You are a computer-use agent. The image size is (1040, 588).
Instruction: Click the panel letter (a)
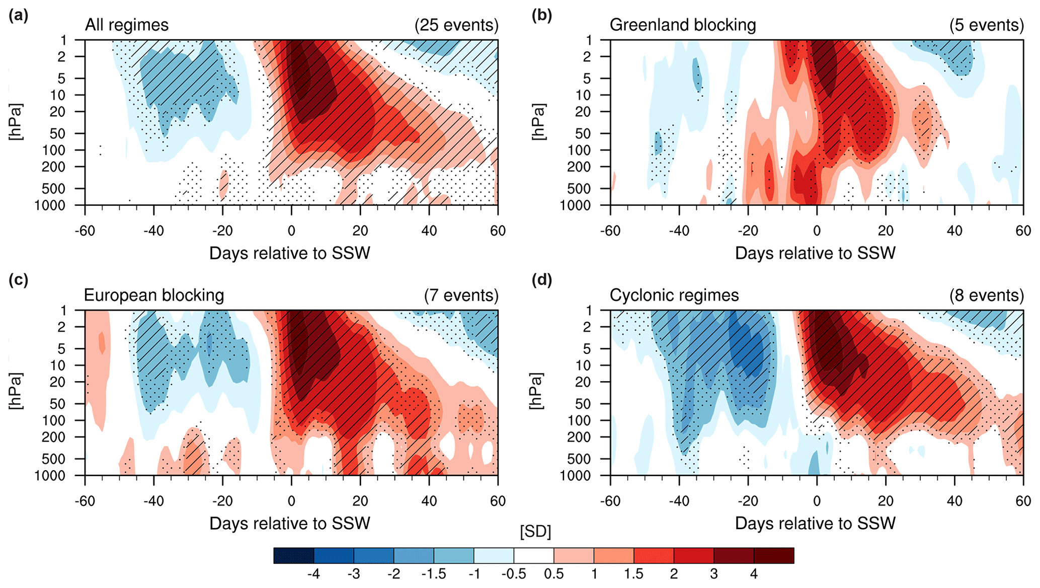tap(18, 16)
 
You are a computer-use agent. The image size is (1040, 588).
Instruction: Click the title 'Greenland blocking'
tap(682, 25)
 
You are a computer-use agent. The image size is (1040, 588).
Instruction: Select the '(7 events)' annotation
tap(461, 296)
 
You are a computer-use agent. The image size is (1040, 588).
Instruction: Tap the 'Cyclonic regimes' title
tap(674, 296)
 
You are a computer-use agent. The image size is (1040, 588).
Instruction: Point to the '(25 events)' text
tap(456, 25)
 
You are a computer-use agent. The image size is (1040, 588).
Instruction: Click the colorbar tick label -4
tap(313, 574)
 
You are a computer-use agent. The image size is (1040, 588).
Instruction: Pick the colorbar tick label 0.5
tap(553, 574)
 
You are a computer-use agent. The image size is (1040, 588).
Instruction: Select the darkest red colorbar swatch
tap(774, 556)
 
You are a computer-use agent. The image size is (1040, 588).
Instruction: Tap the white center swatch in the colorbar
tap(533, 556)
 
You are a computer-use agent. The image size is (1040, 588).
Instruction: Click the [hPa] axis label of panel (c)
tap(17, 391)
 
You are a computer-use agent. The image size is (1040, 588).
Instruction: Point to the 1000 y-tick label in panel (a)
tap(50, 205)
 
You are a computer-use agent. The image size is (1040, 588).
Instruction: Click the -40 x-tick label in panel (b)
tap(679, 231)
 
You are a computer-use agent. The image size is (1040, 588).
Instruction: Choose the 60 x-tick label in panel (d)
tap(1023, 501)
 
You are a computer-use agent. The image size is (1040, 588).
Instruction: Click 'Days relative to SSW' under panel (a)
tap(289, 253)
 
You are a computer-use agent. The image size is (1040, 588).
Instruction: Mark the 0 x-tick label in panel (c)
tap(291, 501)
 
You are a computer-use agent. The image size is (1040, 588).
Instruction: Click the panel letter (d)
tap(542, 280)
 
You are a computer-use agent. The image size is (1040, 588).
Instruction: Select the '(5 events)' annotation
tap(986, 25)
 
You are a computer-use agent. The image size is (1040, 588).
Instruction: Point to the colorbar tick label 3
tap(713, 574)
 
